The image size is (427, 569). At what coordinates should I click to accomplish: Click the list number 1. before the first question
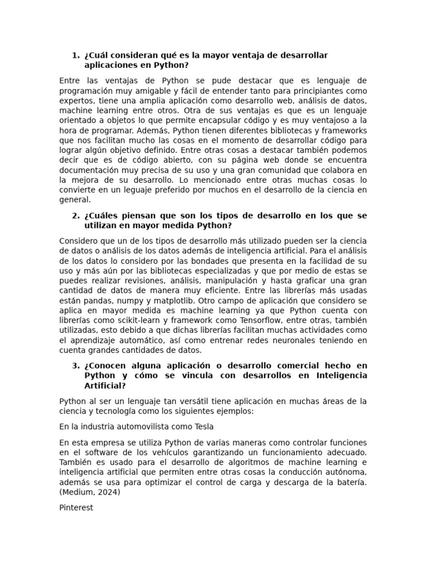click(x=76, y=56)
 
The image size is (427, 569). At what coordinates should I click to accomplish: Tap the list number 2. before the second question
click(x=76, y=216)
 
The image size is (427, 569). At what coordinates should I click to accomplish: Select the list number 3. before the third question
click(x=76, y=366)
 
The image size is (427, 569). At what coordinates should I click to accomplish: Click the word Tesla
click(x=202, y=427)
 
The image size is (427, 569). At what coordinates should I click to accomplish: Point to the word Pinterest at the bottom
click(x=76, y=507)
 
